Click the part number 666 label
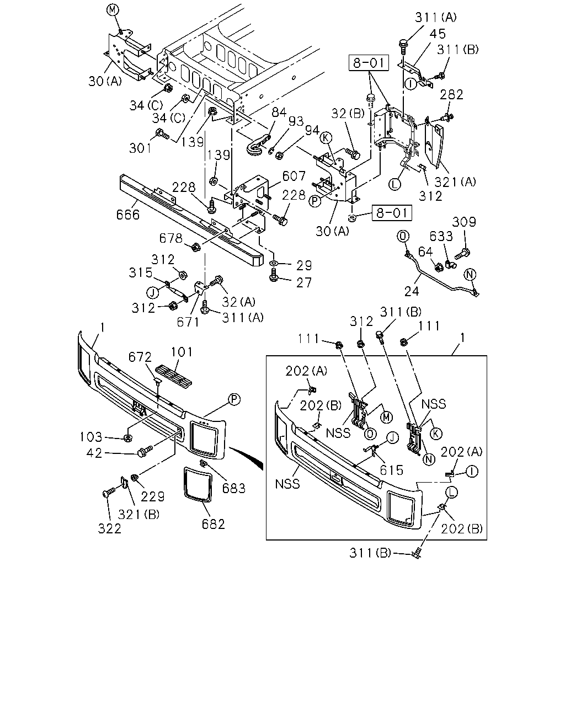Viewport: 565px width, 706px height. pyautogui.click(x=127, y=215)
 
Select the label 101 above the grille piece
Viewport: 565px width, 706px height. pyautogui.click(x=181, y=352)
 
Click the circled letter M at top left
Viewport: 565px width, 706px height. pyautogui.click(x=112, y=10)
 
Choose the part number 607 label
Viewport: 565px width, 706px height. pyautogui.click(x=294, y=176)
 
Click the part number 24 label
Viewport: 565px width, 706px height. pyautogui.click(x=412, y=291)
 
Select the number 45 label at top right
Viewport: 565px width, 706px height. pyautogui.click(x=438, y=34)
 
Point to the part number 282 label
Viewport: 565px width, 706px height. pyautogui.click(x=451, y=94)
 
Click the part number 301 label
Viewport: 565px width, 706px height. pyautogui.click(x=140, y=148)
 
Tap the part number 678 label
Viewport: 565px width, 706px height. pyautogui.click(x=170, y=238)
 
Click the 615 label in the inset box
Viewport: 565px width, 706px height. pyautogui.click(x=391, y=470)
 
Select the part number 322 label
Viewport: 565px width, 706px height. pyautogui.click(x=109, y=528)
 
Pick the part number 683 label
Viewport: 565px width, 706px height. pyautogui.click(x=234, y=489)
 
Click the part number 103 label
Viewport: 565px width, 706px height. pyautogui.click(x=91, y=437)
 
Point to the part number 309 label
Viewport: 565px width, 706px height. pyautogui.click(x=463, y=222)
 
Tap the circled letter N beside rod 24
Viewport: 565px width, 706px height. pyautogui.click(x=470, y=274)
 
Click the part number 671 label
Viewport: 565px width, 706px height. pyautogui.click(x=188, y=322)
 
